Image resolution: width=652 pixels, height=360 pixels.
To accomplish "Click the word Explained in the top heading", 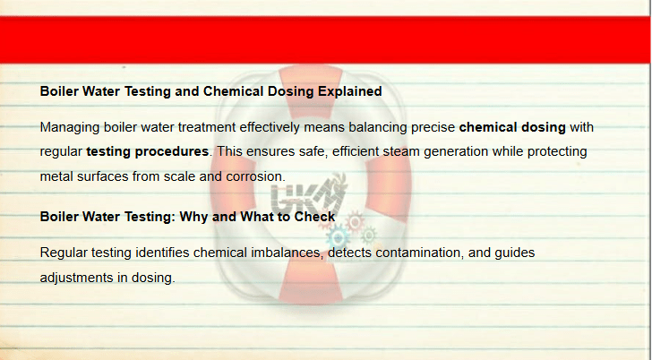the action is coord(349,91).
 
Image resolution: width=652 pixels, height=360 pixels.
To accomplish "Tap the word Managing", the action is coord(70,128).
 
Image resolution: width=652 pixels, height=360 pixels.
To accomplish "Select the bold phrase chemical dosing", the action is coord(512,127).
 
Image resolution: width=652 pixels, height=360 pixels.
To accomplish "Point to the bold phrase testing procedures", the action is coord(147,151).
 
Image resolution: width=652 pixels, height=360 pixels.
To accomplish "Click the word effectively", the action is coord(270,127).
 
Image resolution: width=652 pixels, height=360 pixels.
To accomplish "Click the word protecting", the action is coord(557,151).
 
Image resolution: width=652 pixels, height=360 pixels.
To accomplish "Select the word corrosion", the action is coord(254,176).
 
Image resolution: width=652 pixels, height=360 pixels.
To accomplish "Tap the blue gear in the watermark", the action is coord(338,238).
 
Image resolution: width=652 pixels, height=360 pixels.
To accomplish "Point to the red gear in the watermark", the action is coord(355,222).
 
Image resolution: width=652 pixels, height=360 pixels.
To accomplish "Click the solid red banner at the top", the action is coord(325,40).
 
